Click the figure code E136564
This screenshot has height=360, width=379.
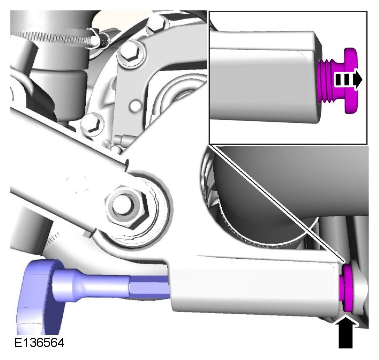coord(39,343)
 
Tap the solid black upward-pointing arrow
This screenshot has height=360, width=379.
coord(345,333)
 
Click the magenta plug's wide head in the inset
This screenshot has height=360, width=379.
coord(350,81)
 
